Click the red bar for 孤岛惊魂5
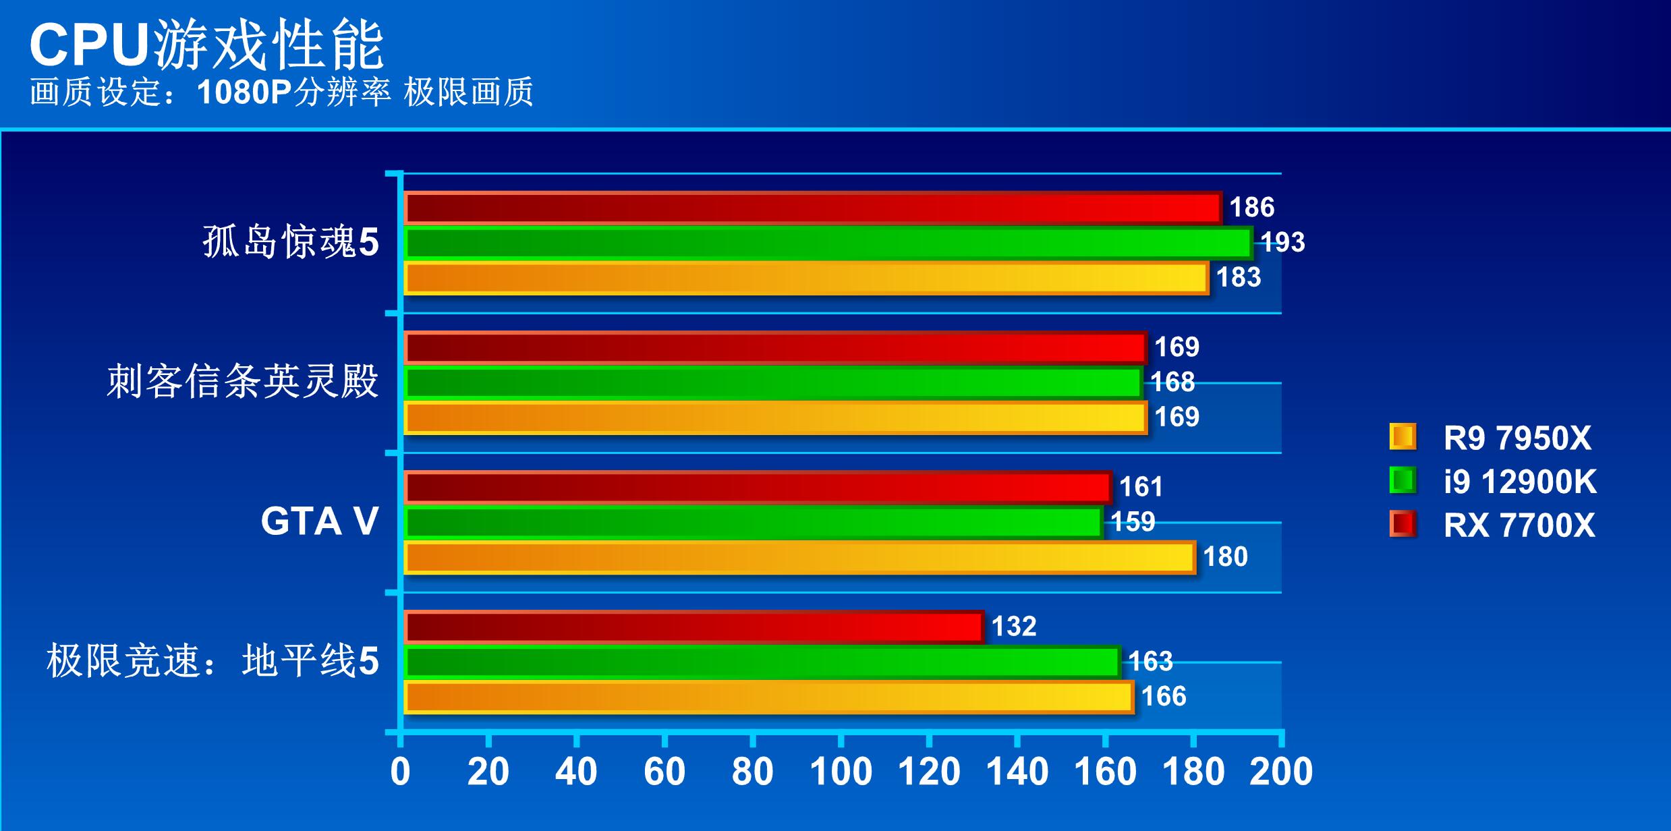[x=813, y=208]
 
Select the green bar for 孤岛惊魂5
[x=828, y=243]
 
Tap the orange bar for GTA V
[x=799, y=558]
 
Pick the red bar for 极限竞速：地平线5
[x=693, y=627]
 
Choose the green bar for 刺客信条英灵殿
[x=773, y=382]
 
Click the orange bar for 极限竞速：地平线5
[x=768, y=697]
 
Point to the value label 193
[x=1282, y=242]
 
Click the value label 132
[x=1013, y=627]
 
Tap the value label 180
[x=1225, y=557]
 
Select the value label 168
[x=1172, y=382]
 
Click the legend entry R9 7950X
[x=1517, y=438]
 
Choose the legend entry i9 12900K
[x=1519, y=482]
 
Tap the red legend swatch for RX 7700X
[x=1403, y=524]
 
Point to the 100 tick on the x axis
[x=841, y=771]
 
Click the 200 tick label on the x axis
[x=1281, y=771]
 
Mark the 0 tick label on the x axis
[x=400, y=771]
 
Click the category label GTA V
[x=319, y=522]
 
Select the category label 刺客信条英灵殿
[x=243, y=382]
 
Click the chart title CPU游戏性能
[x=206, y=46]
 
